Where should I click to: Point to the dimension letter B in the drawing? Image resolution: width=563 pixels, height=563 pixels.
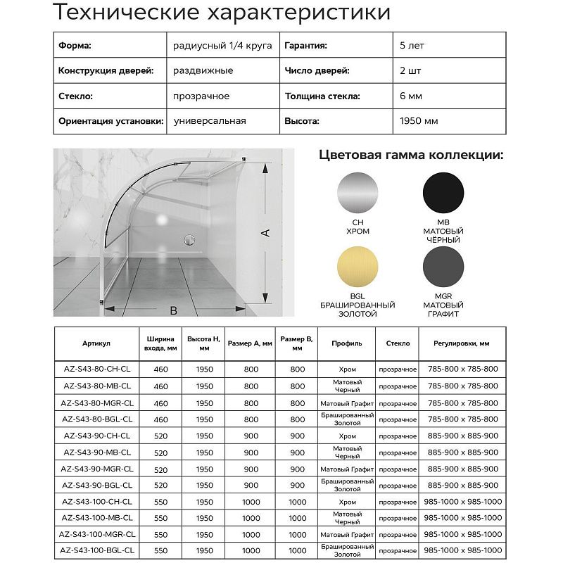[x=173, y=310]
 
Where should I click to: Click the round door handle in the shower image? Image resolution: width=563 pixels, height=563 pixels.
[x=188, y=241]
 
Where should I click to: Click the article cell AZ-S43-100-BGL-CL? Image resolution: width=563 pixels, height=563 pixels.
[x=98, y=550]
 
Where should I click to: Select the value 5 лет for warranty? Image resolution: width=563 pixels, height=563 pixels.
[x=412, y=46]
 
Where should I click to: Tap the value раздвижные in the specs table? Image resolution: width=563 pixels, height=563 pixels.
[x=203, y=71]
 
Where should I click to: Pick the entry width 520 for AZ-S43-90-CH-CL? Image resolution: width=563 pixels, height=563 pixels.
[x=160, y=436]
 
